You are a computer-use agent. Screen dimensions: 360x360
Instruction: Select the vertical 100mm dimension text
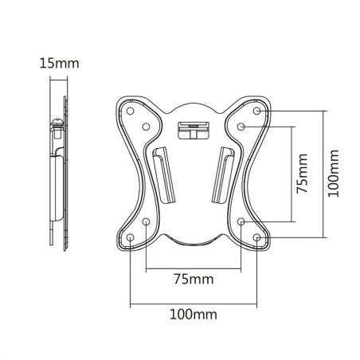click(x=334, y=173)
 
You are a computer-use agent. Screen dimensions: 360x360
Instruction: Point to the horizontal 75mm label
click(x=194, y=280)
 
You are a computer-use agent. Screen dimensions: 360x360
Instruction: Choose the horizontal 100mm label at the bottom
click(x=194, y=315)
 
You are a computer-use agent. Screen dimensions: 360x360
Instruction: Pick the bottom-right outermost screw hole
click(x=257, y=237)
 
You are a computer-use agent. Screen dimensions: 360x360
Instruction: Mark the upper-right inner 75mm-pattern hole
click(x=241, y=127)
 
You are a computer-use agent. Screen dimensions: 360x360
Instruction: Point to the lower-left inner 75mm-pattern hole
click(x=147, y=221)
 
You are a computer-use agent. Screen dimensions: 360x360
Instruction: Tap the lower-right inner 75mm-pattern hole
click(x=241, y=221)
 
